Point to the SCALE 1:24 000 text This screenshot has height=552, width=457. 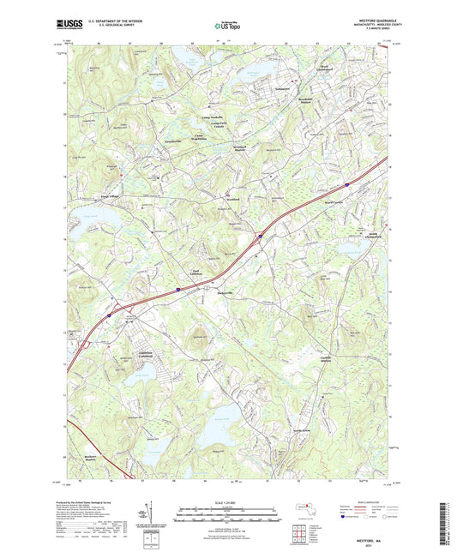(228, 502)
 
